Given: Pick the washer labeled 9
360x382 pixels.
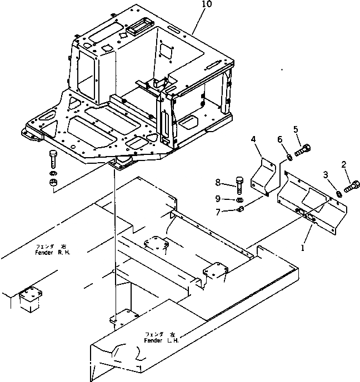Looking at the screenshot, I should [x=238, y=199].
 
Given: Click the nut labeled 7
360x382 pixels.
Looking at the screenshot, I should [x=240, y=209].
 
